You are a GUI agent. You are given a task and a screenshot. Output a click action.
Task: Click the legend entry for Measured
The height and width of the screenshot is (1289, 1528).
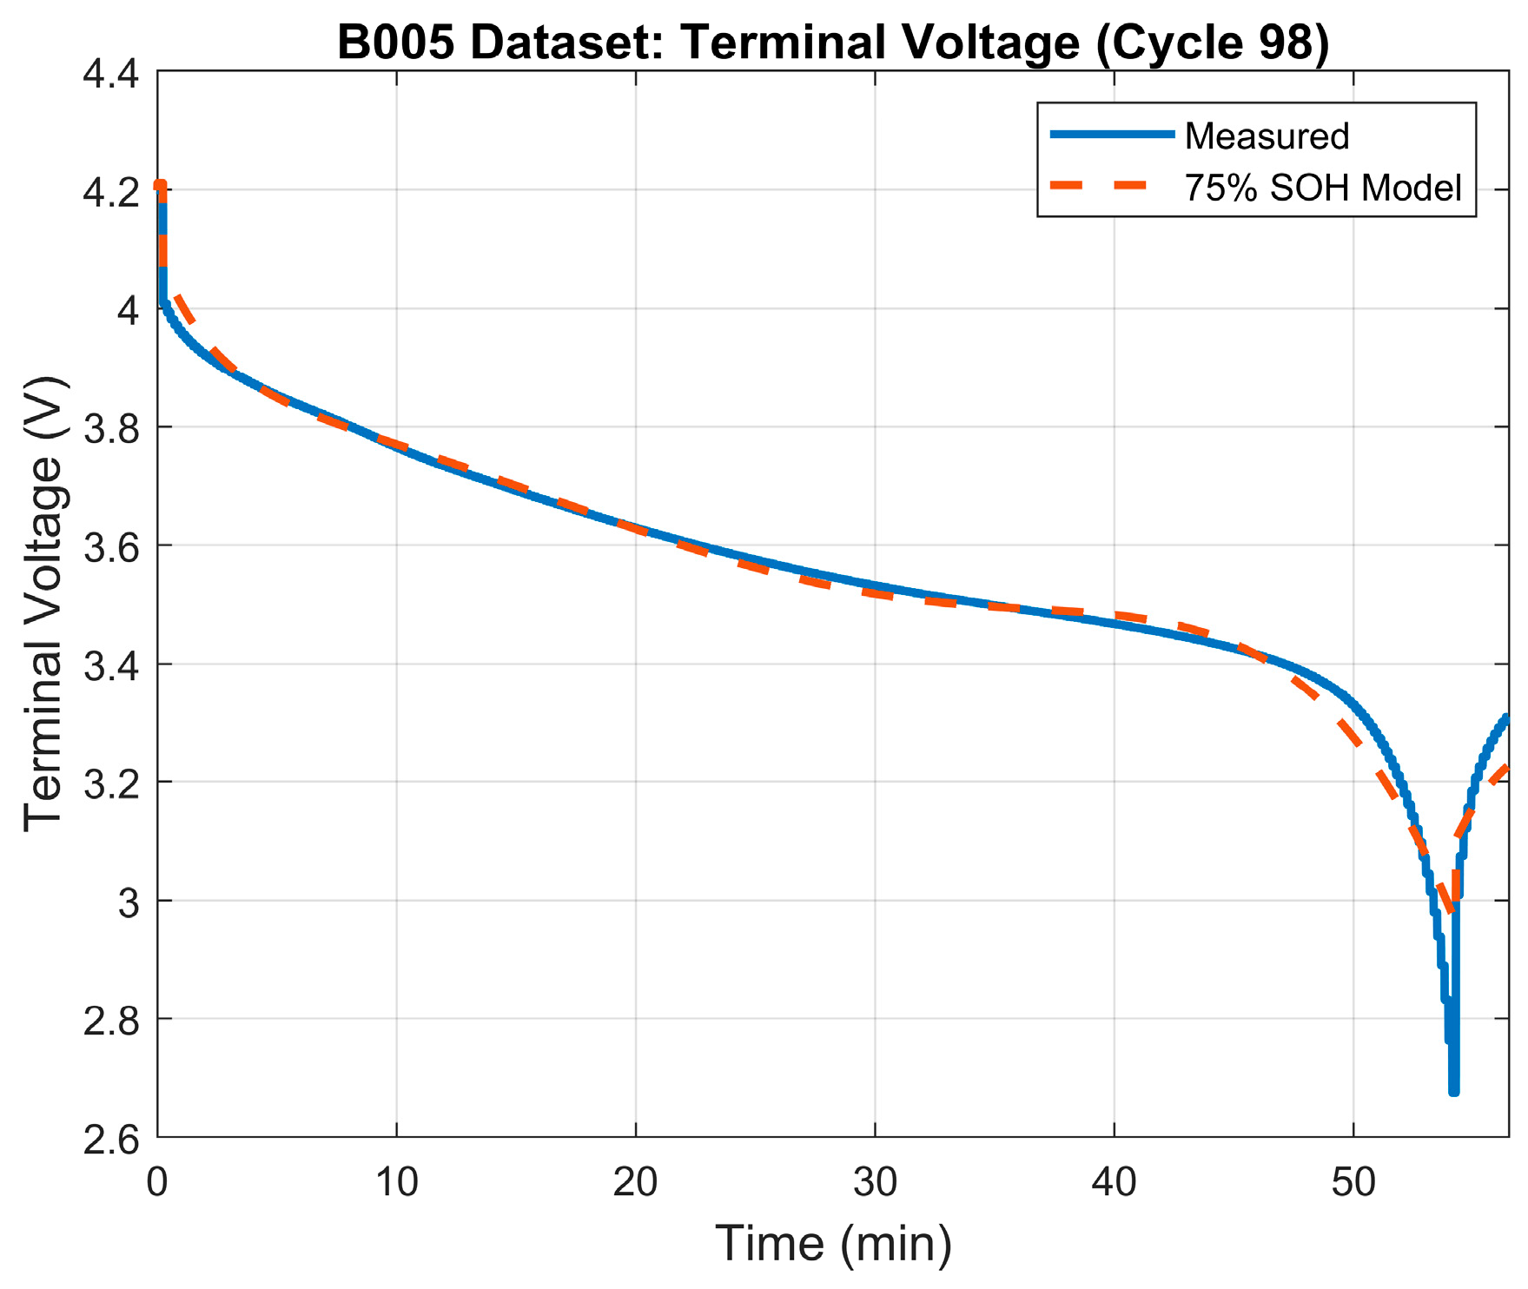tap(1267, 136)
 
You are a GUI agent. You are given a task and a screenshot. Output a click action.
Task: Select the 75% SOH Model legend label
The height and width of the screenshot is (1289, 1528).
tap(1323, 188)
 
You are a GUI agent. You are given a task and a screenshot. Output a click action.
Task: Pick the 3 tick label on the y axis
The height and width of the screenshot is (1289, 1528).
tap(128, 902)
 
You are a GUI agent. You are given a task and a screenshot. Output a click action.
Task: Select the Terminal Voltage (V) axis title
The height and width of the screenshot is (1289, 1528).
tap(43, 605)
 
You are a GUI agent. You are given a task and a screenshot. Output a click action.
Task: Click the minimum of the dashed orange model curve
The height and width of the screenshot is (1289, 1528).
tap(1449, 909)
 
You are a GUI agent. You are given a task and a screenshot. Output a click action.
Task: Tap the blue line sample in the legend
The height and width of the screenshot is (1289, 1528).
tap(1112, 135)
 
